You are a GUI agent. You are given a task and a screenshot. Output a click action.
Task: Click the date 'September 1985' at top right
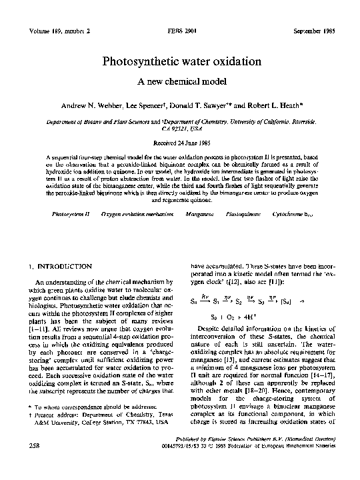click(x=314, y=32)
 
